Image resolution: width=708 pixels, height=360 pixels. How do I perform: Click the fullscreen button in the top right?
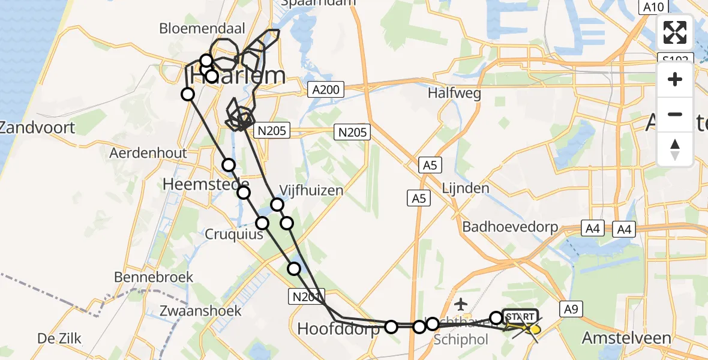675,32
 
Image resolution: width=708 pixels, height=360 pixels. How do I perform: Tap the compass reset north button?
675,149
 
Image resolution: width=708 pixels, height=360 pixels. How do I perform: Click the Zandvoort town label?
37,127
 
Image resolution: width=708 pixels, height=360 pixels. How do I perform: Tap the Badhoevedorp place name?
510,227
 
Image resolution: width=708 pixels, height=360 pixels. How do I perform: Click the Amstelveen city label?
626,338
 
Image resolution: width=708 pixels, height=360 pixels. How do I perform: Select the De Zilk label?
59,338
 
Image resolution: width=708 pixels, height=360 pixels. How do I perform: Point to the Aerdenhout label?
148,153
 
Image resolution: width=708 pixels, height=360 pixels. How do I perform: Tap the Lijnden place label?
465,188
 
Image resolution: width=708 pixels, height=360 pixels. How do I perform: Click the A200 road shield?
326,90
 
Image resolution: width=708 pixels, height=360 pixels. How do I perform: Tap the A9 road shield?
571,309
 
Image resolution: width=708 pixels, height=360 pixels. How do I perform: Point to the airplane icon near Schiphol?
460,304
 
